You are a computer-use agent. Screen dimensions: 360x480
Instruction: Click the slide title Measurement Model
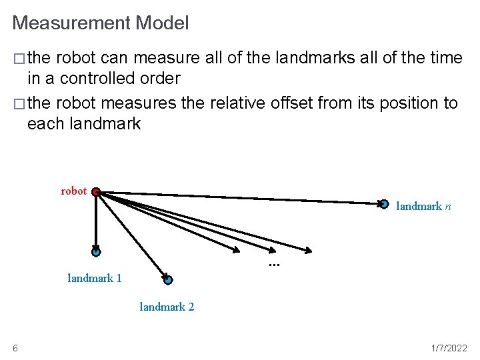100,23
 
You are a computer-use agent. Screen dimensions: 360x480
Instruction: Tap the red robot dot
96,192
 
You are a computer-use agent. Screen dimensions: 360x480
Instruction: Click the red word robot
74,191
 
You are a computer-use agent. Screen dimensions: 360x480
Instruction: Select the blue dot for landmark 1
96,253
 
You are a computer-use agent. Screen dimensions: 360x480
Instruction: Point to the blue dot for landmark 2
168,280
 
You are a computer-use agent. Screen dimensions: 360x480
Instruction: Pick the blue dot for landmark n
384,204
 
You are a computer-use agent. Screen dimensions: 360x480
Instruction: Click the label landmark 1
95,279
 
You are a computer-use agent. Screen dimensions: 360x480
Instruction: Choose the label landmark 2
167,307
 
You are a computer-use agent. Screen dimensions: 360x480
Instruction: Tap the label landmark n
423,207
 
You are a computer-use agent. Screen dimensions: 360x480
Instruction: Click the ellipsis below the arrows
273,265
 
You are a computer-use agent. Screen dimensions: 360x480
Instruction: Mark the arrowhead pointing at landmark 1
96,245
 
